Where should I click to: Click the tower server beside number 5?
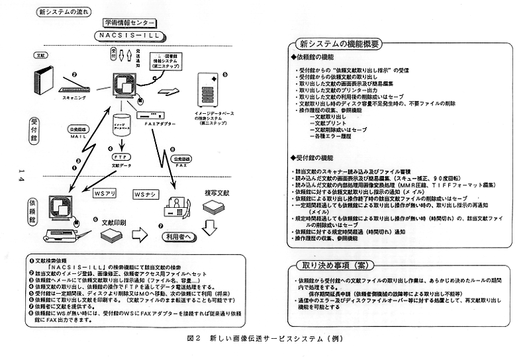[210, 87]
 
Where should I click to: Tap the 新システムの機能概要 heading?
[337, 46]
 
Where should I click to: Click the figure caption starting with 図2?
[265, 339]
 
